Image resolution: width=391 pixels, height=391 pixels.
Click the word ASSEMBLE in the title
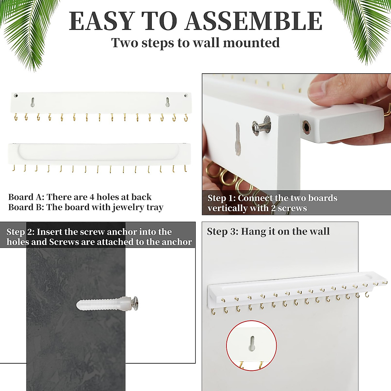(x=254, y=21)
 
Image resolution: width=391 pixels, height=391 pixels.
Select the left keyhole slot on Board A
(x=33, y=102)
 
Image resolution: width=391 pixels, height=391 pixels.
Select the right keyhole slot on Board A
(x=167, y=102)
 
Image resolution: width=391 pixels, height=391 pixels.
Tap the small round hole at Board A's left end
(x=16, y=96)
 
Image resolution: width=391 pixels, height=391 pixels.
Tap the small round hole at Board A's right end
(x=186, y=96)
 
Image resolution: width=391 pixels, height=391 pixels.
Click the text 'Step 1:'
(x=222, y=198)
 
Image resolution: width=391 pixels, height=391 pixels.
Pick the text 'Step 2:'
(x=21, y=232)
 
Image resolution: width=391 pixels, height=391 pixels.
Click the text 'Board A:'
(x=26, y=197)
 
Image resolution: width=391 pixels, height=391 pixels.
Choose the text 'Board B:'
(x=26, y=208)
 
